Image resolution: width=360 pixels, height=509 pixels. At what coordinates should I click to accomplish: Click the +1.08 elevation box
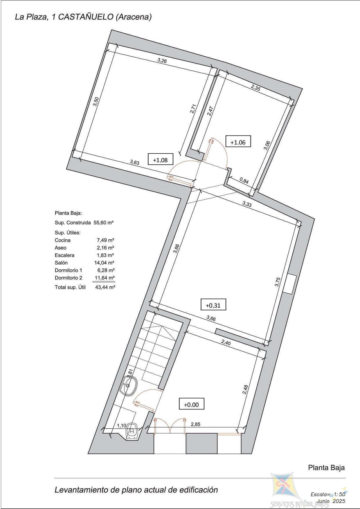tap(160, 159)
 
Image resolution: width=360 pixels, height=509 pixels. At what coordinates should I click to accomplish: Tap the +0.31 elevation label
tap(213, 305)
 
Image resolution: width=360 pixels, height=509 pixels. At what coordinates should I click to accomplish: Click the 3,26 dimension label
tap(162, 60)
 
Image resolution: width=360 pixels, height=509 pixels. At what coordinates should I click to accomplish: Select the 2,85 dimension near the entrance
tap(195, 424)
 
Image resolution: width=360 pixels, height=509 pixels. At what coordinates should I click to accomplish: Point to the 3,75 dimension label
tap(278, 282)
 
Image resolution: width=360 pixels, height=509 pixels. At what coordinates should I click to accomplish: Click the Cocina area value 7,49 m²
tap(105, 240)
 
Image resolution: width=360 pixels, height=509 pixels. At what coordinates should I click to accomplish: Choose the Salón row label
tap(61, 263)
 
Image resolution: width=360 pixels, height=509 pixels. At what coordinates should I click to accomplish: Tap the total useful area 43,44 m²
tap(105, 287)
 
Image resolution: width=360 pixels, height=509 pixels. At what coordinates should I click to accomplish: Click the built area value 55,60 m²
tap(104, 223)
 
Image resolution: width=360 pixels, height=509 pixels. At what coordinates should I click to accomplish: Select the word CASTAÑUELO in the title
tap(86, 17)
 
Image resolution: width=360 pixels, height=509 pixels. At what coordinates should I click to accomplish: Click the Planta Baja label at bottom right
tap(326, 468)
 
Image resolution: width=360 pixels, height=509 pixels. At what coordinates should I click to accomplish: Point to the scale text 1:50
tap(339, 494)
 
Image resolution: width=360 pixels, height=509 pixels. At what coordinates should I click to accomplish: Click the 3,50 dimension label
tap(96, 101)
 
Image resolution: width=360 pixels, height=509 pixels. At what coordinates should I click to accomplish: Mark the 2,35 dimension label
tap(255, 88)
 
